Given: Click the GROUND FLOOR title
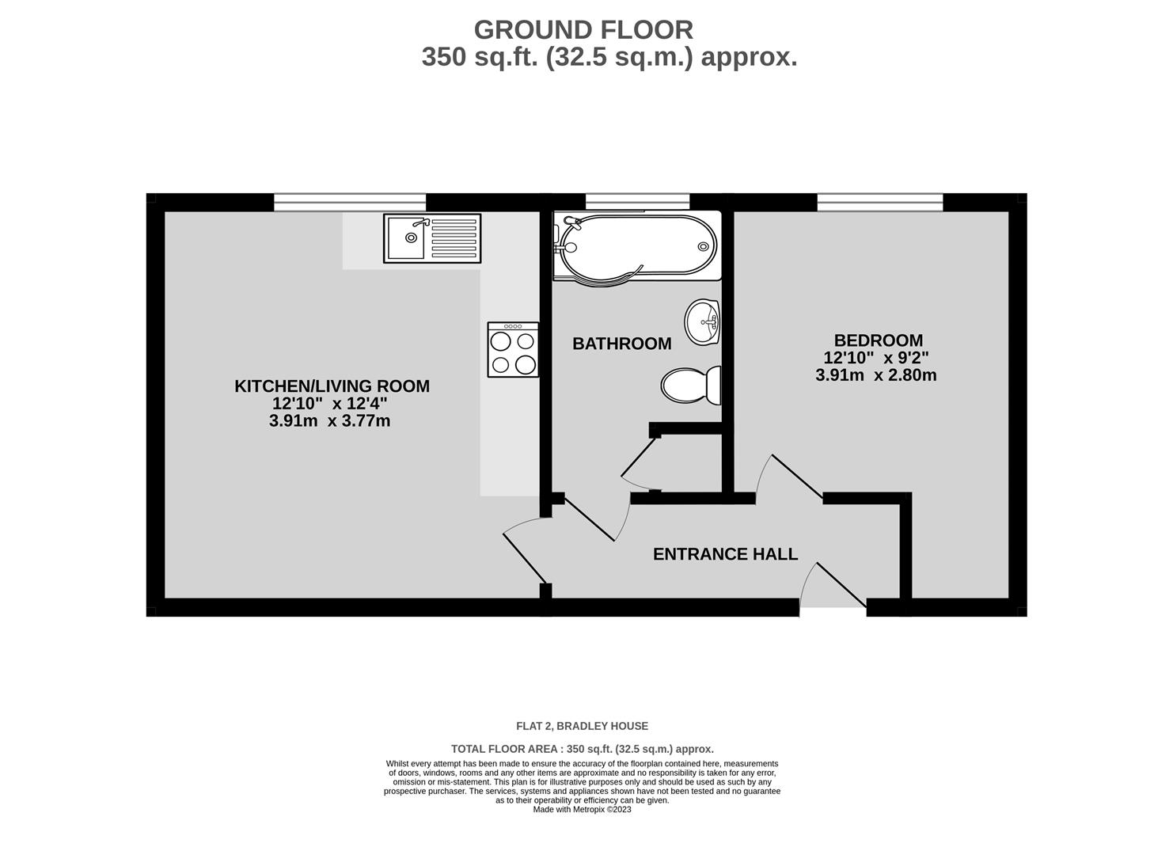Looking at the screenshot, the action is [583, 30].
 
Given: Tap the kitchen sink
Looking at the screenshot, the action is [432, 237].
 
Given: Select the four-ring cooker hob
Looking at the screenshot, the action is [513, 349].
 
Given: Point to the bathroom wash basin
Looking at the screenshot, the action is [702, 322].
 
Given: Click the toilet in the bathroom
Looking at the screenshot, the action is [691, 386].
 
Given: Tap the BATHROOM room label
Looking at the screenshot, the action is [621, 344].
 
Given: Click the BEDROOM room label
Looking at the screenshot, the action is [879, 340].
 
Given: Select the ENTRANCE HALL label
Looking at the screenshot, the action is [725, 554].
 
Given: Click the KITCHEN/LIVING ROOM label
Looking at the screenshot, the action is [332, 386].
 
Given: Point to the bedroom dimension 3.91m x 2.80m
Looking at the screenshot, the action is [876, 375].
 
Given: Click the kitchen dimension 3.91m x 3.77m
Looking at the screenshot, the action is [330, 420].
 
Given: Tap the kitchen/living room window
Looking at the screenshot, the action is [350, 202].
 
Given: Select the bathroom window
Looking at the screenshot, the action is [637, 202].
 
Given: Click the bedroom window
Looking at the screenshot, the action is [880, 202].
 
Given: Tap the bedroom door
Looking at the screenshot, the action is [796, 477].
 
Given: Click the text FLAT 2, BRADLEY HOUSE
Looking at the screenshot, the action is [583, 726].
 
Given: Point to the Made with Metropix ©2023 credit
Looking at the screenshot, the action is [583, 809].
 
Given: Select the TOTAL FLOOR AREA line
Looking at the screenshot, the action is [583, 749].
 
